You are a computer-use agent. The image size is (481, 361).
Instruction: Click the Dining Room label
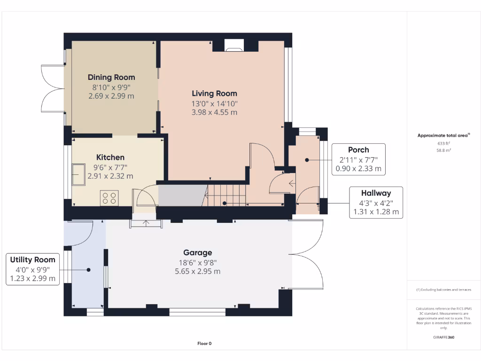pos(111,77)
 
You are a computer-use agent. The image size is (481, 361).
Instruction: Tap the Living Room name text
pos(214,94)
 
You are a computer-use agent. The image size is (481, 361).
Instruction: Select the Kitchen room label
pos(110,157)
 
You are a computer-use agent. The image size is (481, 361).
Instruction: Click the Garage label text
pos(197,252)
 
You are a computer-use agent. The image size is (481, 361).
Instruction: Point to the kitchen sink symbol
pos(78,174)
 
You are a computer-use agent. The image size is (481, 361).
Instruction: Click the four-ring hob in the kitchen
pos(109,198)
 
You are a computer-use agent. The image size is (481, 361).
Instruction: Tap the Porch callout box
pos(358,159)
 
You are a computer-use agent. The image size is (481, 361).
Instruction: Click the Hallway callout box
pos(376,203)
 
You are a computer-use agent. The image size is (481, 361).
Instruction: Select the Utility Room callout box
pos(33,269)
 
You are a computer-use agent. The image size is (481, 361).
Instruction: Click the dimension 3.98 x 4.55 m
pos(214,112)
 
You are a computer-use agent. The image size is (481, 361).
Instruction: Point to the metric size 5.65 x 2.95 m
pos(197,271)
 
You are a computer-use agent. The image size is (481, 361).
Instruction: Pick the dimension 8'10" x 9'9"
pos(111,87)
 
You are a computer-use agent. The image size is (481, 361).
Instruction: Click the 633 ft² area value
pos(444,143)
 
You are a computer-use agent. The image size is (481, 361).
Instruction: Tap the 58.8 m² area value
pos(444,150)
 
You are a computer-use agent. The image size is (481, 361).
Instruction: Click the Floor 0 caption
pos(204,344)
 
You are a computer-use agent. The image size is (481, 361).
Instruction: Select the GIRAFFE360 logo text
pos(444,337)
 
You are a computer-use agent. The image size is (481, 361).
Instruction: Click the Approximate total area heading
pos(443,135)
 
